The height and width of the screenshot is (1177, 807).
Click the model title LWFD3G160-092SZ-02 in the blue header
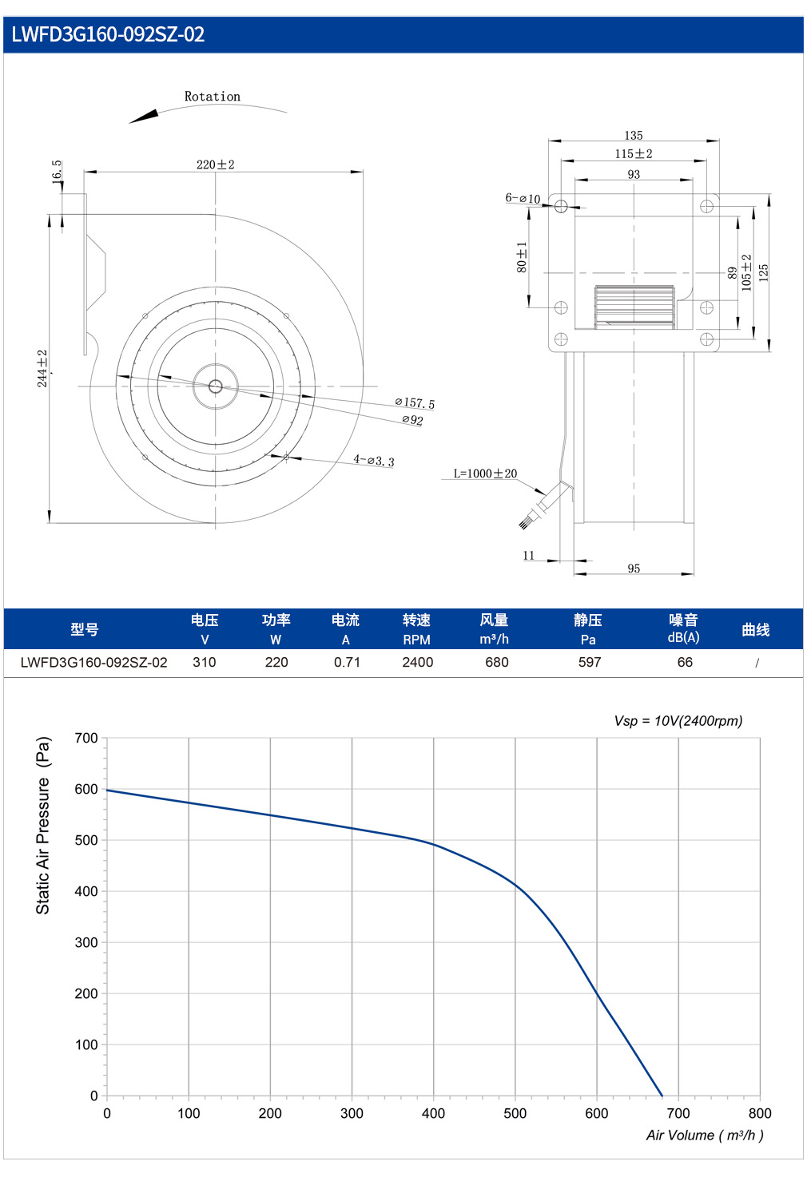click(x=109, y=34)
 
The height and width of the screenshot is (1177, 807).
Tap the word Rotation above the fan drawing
click(x=213, y=97)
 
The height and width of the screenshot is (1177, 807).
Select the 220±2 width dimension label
click(x=216, y=164)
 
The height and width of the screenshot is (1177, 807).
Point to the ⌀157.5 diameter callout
click(x=415, y=403)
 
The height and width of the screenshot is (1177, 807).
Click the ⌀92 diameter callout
click(x=412, y=420)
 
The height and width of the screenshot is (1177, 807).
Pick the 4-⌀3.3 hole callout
click(x=374, y=460)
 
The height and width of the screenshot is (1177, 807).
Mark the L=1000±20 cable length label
click(x=485, y=474)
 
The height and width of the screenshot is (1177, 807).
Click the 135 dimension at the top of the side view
click(x=634, y=136)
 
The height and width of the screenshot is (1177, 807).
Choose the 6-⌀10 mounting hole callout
click(x=523, y=198)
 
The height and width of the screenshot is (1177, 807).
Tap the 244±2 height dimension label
click(x=42, y=368)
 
